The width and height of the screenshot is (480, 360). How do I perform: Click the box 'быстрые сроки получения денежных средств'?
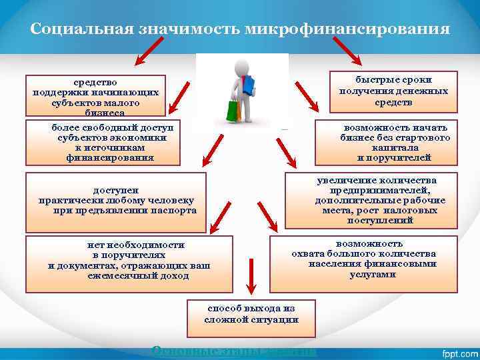[393, 91]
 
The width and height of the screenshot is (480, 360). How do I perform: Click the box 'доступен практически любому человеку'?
[117, 200]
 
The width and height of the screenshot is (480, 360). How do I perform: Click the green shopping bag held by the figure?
[233, 110]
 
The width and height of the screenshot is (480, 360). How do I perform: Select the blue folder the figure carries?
[249, 85]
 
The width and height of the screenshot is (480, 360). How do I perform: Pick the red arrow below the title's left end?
[151, 51]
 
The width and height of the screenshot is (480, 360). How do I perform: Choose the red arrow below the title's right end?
[347, 51]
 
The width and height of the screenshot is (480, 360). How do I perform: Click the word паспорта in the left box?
[174, 210]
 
